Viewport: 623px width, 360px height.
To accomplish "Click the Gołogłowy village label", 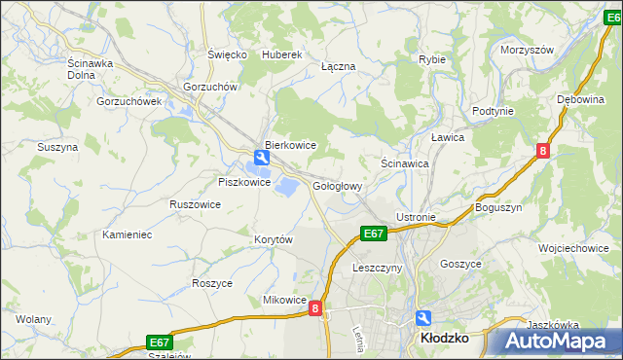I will click(x=338, y=186).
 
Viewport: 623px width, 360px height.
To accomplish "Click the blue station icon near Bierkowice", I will click(x=262, y=157).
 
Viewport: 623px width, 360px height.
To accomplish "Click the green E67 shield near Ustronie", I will click(x=374, y=234).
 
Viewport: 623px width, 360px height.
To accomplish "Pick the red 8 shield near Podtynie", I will click(x=542, y=150).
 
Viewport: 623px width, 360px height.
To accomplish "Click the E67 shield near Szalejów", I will click(x=160, y=342).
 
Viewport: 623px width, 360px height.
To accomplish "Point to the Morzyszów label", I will click(x=527, y=50).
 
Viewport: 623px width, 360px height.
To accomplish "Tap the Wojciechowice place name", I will click(x=573, y=248).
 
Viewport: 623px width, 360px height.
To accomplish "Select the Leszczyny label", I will click(x=377, y=268).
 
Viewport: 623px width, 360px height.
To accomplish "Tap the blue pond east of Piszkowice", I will click(x=289, y=184).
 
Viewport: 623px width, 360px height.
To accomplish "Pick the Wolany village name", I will click(x=33, y=318).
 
